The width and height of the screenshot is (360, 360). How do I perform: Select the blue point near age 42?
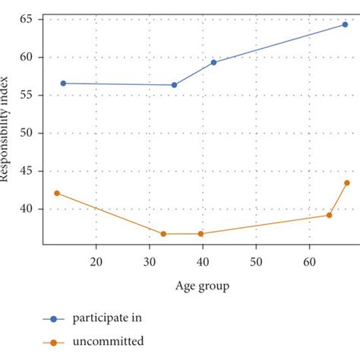coord(213,62)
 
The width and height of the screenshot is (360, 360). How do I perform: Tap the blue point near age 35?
coord(174,85)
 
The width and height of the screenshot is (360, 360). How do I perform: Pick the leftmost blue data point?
coord(63,84)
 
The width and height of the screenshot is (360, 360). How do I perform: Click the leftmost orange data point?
coord(56,193)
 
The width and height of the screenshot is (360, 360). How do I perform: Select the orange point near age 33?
coord(163,234)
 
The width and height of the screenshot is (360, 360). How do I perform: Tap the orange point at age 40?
coord(201,234)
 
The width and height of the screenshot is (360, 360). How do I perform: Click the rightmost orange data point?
coord(346,182)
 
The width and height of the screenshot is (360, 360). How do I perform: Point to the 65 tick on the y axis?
coord(29,19)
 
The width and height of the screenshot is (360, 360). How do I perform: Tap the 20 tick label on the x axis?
coord(96,262)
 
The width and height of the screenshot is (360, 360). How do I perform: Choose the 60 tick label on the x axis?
coord(309,262)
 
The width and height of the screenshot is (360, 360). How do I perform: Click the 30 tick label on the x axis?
coord(149,262)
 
